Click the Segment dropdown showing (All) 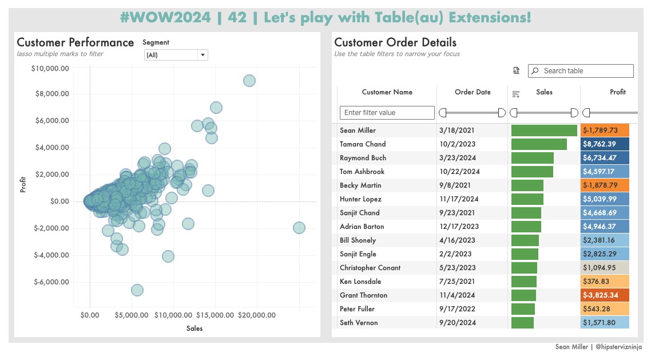click(176, 55)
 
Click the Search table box click(581, 71)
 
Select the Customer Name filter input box click(387, 113)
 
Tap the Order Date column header click(473, 92)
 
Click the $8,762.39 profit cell click(605, 144)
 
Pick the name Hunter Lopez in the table click(360, 199)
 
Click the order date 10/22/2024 click(459, 172)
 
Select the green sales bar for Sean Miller click(544, 130)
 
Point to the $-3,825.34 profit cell click(605, 295)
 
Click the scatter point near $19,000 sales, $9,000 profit click(249, 81)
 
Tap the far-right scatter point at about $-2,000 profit click(299, 228)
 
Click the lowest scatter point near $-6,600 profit click(137, 290)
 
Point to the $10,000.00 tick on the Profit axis click(50, 69)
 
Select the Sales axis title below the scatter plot click(194, 329)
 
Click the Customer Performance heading click(75, 42)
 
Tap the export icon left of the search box click(516, 71)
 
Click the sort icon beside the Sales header click(516, 94)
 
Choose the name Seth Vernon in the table click(359, 323)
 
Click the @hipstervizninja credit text click(618, 347)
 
